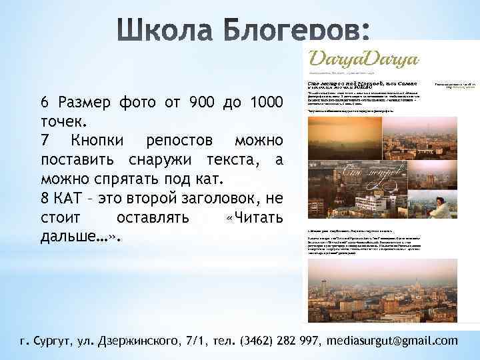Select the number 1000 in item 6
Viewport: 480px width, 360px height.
point(265,103)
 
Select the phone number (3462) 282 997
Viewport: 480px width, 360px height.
point(275,341)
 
